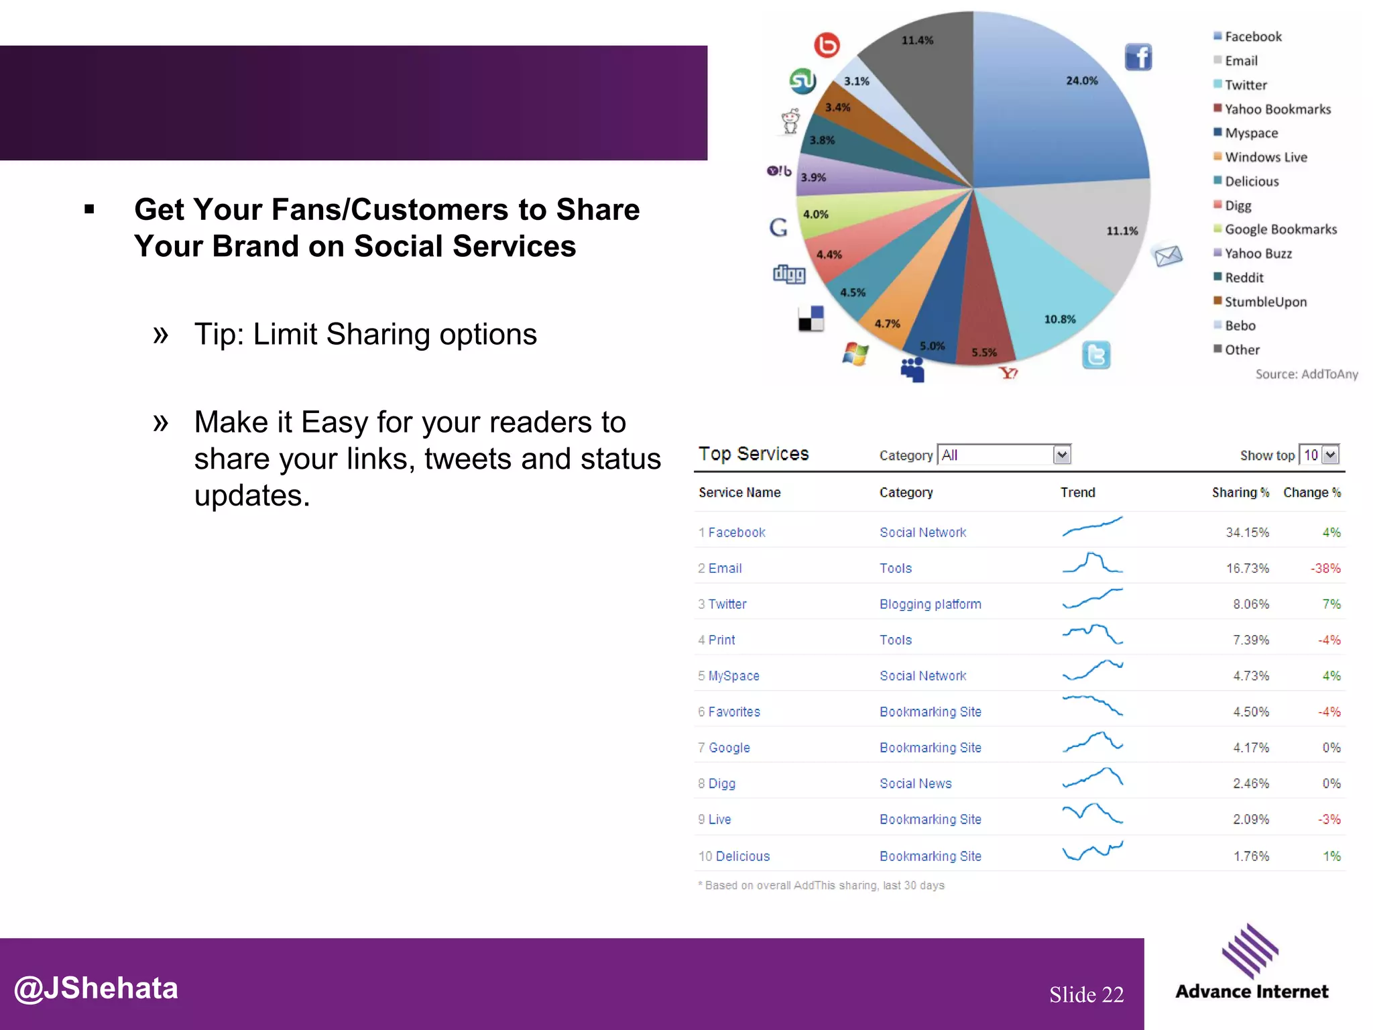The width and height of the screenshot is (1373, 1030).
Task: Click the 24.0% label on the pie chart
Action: coord(1081,81)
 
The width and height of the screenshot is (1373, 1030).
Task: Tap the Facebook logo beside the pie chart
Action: coord(1138,57)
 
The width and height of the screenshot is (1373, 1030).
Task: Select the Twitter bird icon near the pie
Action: coord(1096,355)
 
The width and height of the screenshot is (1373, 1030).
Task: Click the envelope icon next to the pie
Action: coord(1167,255)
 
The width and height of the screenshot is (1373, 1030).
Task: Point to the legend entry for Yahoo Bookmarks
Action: coord(1277,109)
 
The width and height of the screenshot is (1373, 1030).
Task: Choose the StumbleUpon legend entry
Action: coord(1265,302)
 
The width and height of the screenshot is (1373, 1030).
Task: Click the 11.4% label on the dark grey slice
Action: coord(917,40)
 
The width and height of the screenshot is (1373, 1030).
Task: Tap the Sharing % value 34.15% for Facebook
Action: coord(1247,532)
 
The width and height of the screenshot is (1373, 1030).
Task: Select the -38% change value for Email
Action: coord(1325,569)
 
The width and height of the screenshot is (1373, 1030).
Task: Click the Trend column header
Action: coord(1077,493)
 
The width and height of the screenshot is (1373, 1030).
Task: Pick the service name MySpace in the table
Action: coord(733,676)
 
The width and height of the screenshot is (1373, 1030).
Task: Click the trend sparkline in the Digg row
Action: coord(1092,778)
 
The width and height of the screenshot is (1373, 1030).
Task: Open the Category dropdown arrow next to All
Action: coord(1062,455)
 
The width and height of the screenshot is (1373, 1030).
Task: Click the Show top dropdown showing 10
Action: coord(1319,455)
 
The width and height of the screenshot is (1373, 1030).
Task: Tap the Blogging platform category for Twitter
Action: coord(930,604)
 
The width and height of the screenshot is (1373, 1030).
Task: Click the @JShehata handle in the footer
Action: coord(97,988)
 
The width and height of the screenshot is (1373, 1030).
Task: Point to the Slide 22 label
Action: coord(1086,994)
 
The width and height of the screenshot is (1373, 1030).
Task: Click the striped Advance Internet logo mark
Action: coord(1250,951)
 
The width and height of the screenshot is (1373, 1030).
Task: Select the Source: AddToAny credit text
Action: coord(1306,374)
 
